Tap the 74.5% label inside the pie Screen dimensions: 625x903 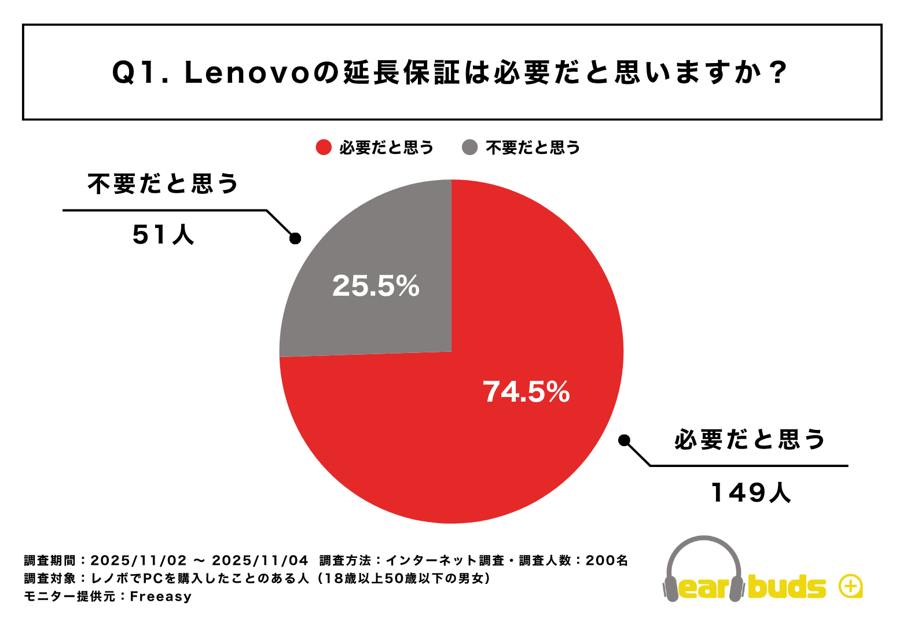coord(526,392)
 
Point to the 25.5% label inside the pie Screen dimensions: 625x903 coord(376,286)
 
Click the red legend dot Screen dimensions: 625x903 coord(324,148)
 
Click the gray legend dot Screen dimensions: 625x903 coord(469,148)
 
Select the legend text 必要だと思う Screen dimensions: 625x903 coord(386,148)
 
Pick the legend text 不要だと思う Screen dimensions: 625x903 coord(533,148)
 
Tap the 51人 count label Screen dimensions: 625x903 coord(163,235)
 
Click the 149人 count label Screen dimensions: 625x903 coord(750,493)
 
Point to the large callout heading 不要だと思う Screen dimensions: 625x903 coord(163,184)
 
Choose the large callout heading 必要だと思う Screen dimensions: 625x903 coord(750,440)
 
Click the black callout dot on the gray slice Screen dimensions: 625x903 coord(295,238)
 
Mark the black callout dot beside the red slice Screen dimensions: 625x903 coord(624,440)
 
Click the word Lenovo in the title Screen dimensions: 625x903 coord(247,73)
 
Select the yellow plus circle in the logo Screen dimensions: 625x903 coord(851,586)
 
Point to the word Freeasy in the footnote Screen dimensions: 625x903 coord(161,596)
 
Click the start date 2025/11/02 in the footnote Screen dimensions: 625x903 coord(139,560)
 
